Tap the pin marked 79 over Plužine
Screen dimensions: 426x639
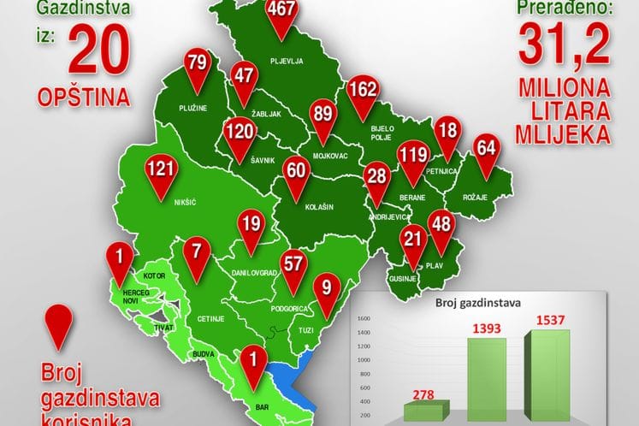click(198, 64)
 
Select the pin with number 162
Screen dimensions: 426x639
click(363, 91)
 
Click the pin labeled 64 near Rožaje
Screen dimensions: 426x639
click(486, 148)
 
